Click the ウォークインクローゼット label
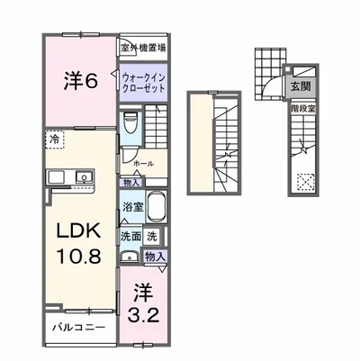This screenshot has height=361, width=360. [143, 82]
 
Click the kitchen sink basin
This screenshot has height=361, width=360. [84, 176]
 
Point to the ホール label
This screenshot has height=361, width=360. [144, 165]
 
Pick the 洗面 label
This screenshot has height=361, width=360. [130, 238]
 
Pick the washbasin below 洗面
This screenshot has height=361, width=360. [130, 257]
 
